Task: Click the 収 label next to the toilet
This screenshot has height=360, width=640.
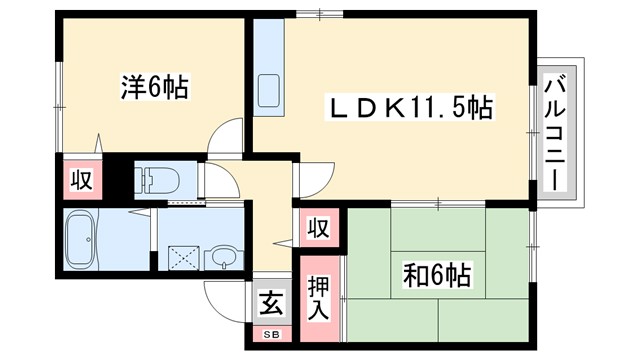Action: click(79, 181)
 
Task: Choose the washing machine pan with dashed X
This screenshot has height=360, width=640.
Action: click(182, 257)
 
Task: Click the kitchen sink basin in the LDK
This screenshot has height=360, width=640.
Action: click(270, 92)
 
